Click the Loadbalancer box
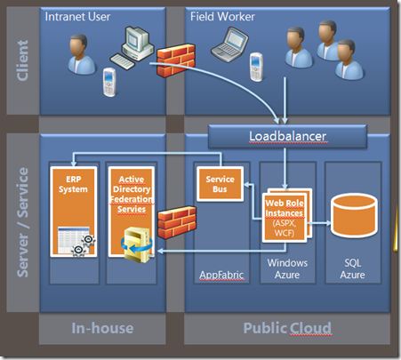click(287, 136)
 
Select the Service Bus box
click(220, 184)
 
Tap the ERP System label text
click(73, 184)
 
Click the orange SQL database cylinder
click(354, 215)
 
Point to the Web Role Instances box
click(285, 218)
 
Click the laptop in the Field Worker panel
click(230, 44)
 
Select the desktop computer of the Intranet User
click(132, 48)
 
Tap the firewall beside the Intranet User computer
click(176, 60)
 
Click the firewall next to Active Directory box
click(177, 222)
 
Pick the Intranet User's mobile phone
click(109, 82)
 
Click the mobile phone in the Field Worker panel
click(256, 67)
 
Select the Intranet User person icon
click(81, 54)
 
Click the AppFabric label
click(221, 275)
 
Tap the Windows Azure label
click(287, 268)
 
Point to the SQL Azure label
click(352, 268)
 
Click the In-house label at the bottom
click(102, 328)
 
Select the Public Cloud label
click(287, 328)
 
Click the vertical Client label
click(22, 60)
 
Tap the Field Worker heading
click(222, 17)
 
